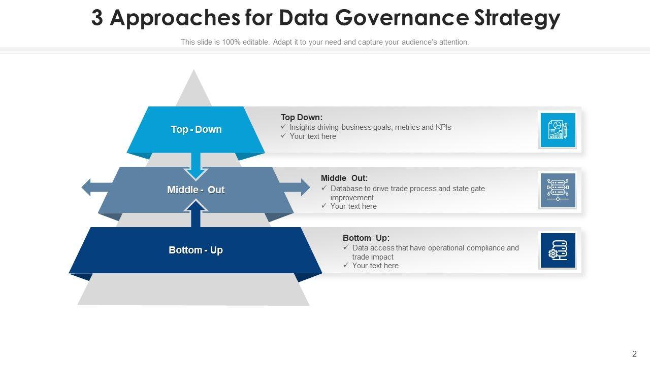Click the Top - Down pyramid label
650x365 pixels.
196,129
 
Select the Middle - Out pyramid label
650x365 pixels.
196,190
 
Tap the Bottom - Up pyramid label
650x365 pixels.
196,250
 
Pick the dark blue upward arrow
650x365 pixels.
196,213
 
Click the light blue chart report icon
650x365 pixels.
558,130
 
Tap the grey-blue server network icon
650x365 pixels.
558,190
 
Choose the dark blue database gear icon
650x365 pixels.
558,250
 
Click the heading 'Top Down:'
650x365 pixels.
302,117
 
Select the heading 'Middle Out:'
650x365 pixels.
344,178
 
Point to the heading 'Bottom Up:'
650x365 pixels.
366,238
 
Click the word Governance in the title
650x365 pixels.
402,18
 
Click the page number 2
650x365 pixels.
634,354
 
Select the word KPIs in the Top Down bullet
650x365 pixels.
443,127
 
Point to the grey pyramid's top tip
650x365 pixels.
193,71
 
